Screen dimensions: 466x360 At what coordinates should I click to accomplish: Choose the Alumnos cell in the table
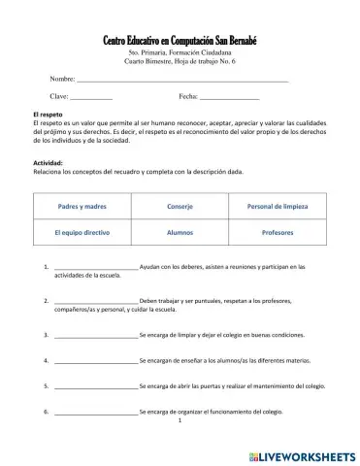pyautogui.click(x=180, y=234)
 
